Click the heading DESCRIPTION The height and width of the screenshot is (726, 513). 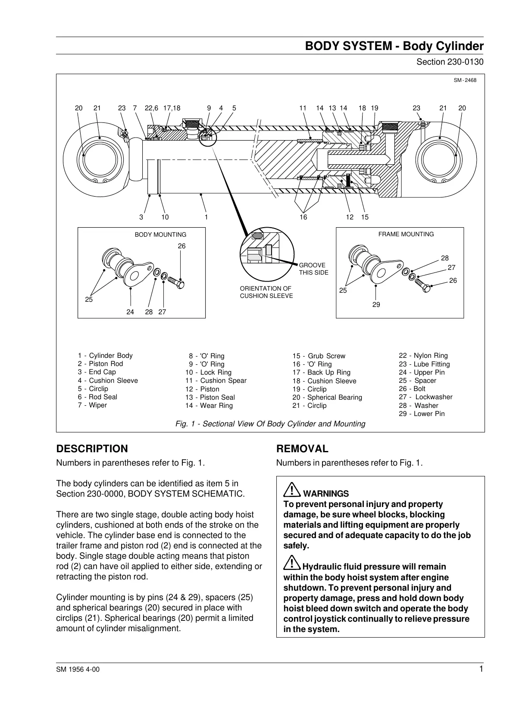(92, 449)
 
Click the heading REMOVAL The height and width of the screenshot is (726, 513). (302, 449)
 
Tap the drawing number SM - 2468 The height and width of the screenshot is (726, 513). (465, 80)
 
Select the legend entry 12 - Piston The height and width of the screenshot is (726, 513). (202, 389)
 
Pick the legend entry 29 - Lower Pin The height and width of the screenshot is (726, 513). (421, 414)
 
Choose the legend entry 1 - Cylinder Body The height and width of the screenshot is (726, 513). (105, 356)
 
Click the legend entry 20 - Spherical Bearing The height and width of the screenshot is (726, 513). (327, 397)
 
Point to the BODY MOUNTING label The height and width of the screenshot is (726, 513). (160, 235)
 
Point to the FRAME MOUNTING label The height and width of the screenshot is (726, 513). (406, 234)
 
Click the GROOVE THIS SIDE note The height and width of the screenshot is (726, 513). (313, 269)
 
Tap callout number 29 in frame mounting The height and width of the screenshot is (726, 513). (376, 305)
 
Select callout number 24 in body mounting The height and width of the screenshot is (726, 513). (130, 312)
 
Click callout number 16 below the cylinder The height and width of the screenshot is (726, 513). (303, 217)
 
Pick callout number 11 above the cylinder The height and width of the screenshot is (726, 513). (303, 108)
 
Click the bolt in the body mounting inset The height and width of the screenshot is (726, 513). (176, 282)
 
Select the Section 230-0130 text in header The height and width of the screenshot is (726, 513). (450, 62)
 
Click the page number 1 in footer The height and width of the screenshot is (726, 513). (481, 669)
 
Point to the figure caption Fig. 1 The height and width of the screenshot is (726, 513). (270, 424)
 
